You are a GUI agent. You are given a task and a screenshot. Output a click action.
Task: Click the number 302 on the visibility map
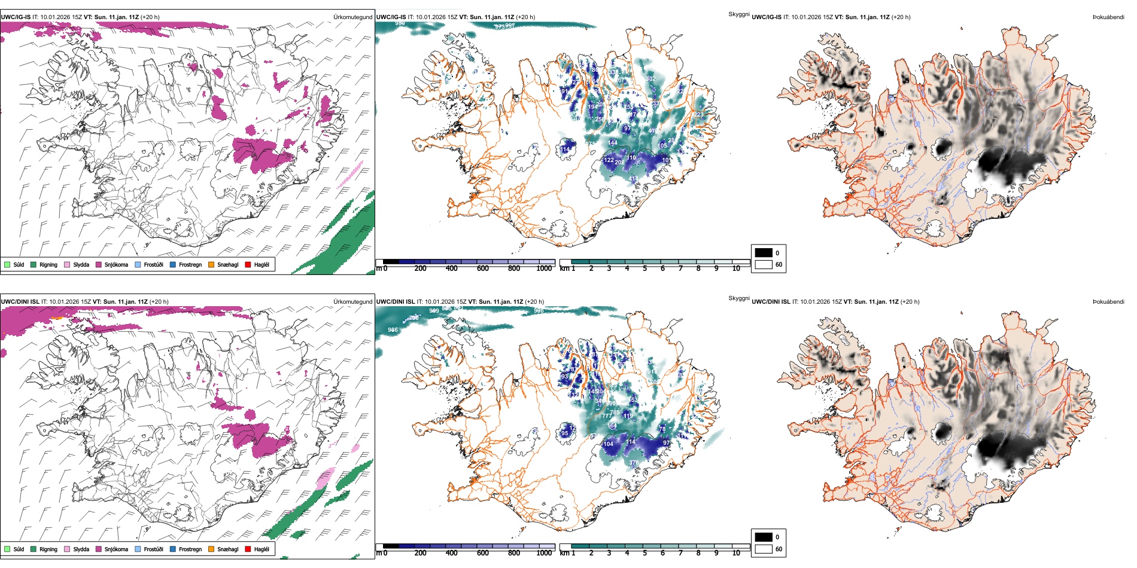tap(651, 79)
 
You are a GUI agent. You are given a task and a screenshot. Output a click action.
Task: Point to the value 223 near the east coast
tap(698, 115)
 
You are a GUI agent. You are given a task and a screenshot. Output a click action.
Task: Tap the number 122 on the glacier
tap(609, 160)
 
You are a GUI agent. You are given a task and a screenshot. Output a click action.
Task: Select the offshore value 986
tap(393, 330)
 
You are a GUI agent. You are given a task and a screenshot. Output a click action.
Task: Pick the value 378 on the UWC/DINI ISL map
tap(634, 463)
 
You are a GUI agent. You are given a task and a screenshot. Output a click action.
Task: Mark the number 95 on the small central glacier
tap(565, 433)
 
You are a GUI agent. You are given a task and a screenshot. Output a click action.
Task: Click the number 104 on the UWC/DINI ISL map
tap(608, 444)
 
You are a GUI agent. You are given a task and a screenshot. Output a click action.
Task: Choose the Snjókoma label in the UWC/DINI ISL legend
tap(116, 549)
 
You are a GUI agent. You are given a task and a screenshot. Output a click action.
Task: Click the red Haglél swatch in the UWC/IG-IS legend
tap(248, 264)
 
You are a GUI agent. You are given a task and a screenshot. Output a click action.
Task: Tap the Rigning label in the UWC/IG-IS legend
tap(48, 264)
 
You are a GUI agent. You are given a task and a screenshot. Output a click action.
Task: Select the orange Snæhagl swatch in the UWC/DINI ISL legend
tap(211, 549)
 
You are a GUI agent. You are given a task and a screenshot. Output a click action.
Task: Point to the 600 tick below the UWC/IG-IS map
tap(482, 268)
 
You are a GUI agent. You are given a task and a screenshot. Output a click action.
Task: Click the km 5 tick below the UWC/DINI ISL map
tap(644, 553)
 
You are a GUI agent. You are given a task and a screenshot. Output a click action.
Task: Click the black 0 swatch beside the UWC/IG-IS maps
tap(764, 253)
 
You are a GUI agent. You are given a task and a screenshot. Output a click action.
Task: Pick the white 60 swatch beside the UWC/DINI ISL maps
tap(764, 549)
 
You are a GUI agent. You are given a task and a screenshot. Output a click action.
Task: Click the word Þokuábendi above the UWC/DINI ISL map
tap(1108, 302)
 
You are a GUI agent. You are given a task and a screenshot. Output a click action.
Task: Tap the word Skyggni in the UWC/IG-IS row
tap(738, 14)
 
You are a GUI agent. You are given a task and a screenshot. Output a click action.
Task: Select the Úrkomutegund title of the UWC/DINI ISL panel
tap(352, 302)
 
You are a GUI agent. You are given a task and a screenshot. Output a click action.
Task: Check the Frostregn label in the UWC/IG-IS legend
tap(190, 264)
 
